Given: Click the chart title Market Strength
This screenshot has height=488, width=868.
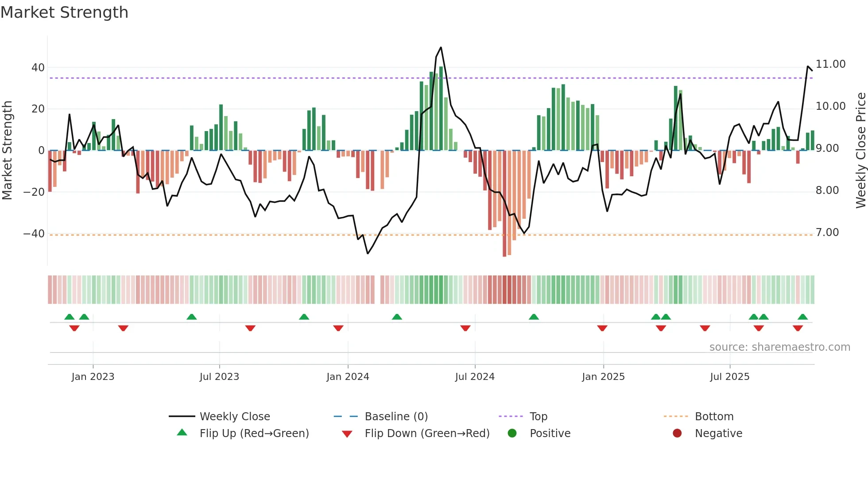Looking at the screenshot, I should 64,12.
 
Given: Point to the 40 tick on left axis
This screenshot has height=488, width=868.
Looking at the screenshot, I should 38,68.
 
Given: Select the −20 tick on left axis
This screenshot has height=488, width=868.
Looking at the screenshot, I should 34,192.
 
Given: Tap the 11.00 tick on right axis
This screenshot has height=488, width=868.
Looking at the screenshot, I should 830,64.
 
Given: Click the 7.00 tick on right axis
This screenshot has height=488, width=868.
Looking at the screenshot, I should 827,232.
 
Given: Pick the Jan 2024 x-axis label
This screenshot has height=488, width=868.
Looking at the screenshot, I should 348,377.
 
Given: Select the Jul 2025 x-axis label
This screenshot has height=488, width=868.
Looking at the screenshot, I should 729,377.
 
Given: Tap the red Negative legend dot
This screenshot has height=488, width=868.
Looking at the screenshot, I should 677,433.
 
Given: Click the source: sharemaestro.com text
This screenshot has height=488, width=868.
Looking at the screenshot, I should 779,347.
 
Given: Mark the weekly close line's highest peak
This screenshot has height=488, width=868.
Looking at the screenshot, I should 441,47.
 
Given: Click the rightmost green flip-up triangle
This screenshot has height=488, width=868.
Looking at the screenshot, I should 802,317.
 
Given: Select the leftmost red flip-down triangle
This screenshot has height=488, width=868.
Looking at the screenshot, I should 74,328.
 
